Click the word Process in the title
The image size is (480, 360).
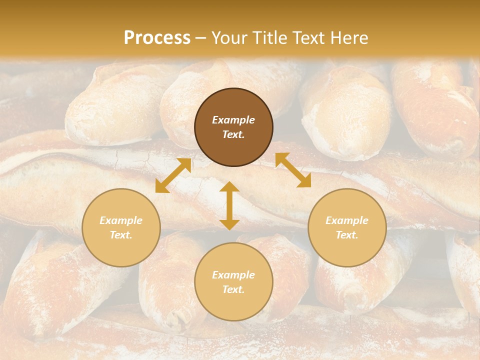click(157, 38)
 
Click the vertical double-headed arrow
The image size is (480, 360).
click(229, 205)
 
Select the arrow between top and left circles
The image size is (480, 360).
click(173, 175)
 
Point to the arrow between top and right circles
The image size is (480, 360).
click(293, 170)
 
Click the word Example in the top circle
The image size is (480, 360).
click(233, 120)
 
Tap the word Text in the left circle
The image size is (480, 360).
click(121, 235)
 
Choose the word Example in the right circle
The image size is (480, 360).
click(347, 220)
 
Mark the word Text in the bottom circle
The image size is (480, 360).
click(233, 289)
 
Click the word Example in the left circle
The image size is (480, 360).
click(121, 220)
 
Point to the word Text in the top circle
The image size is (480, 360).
click(233, 134)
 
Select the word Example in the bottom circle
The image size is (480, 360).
click(233, 275)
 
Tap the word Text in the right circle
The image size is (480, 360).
click(347, 235)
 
